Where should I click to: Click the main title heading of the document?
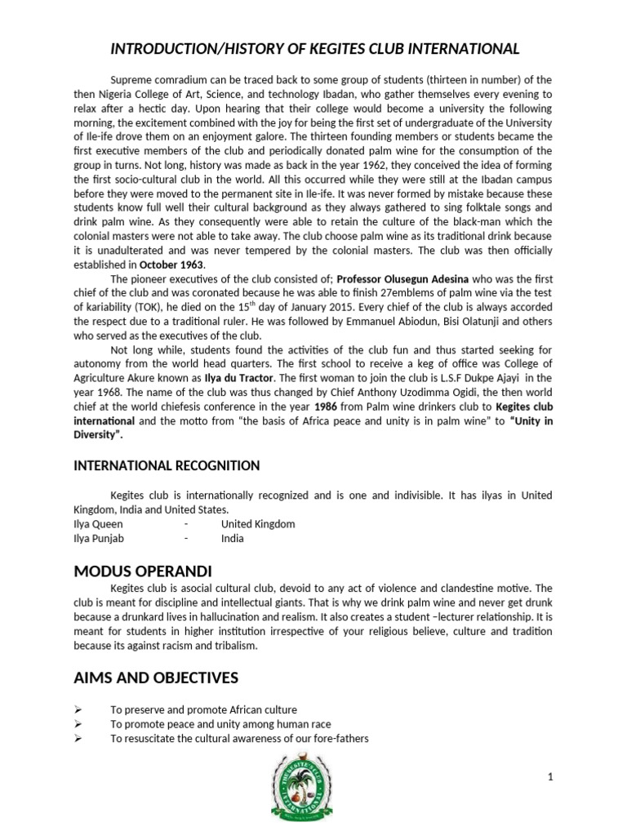[x=314, y=49]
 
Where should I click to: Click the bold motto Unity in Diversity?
[x=506, y=419]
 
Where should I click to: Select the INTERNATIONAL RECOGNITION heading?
[x=167, y=465]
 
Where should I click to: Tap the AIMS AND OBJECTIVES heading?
[x=156, y=677]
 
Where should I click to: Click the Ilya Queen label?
[x=99, y=523]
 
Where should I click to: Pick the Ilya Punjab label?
[x=101, y=538]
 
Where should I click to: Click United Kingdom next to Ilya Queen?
[x=258, y=523]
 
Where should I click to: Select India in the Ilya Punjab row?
[x=233, y=538]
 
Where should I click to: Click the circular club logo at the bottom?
[x=313, y=788]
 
